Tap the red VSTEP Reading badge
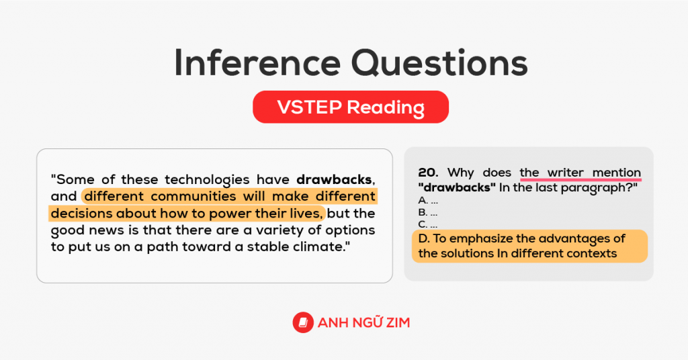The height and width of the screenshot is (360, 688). point(350,107)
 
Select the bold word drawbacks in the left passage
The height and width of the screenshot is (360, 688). point(334,180)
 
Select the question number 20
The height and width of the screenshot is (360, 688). point(428,173)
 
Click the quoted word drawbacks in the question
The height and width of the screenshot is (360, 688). point(454,187)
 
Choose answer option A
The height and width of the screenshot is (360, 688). point(423,201)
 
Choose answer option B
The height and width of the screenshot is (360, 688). point(423,213)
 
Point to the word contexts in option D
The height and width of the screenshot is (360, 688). point(593,254)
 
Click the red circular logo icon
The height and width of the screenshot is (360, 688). point(304,323)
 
